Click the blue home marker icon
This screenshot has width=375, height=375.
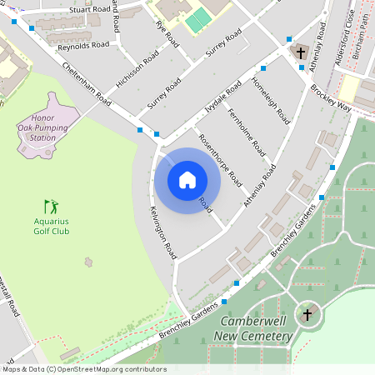[187, 180]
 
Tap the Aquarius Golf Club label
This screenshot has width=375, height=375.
[52, 227]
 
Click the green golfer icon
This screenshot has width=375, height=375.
[52, 205]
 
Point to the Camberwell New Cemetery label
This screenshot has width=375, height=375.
[256, 329]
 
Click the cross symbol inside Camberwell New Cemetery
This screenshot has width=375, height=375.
[307, 314]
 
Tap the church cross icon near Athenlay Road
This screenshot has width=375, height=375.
[301, 52]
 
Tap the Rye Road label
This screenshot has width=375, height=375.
[167, 33]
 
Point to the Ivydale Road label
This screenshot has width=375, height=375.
[222, 99]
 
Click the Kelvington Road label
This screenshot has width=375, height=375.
[163, 231]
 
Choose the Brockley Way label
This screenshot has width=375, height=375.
[332, 97]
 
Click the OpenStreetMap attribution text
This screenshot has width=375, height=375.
[83, 369]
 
